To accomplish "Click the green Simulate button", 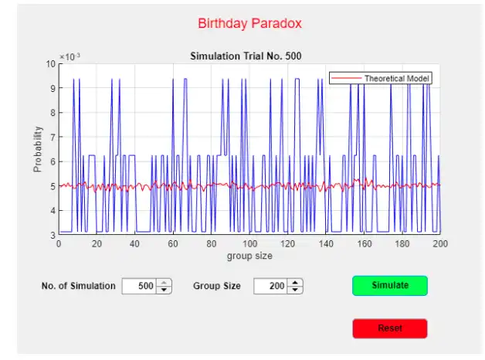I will click(x=389, y=285).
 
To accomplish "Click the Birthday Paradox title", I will click(x=249, y=23).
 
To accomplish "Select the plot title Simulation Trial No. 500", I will click(x=246, y=56).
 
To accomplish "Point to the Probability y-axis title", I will click(x=37, y=148).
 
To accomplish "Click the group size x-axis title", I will click(x=248, y=255).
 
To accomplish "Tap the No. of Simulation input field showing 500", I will click(x=140, y=286).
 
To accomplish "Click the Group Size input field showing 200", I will click(x=270, y=286).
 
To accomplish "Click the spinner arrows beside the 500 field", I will click(x=164, y=286).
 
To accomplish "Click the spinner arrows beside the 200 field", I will click(x=295, y=286).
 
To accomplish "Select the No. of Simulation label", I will click(x=78, y=286).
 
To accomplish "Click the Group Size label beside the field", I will click(x=217, y=286).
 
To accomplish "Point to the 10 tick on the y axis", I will click(x=51, y=64).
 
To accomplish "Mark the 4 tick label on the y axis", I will click(x=53, y=210).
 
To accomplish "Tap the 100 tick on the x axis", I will click(x=249, y=243).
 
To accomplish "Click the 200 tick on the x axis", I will click(x=439, y=243).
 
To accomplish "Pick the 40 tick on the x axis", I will click(x=134, y=243).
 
